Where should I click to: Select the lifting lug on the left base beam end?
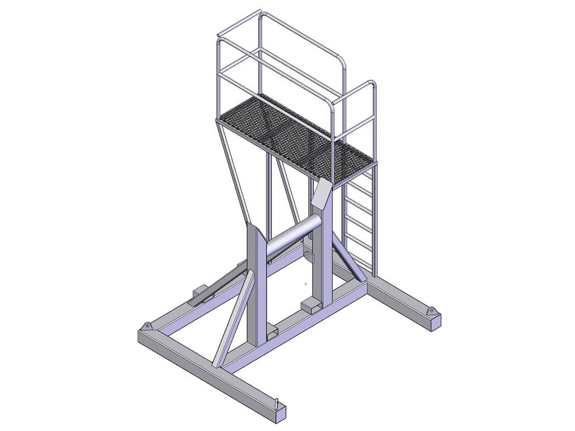[x=147, y=326]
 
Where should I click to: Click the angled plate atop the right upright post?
[x=321, y=193]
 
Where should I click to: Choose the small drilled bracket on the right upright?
[x=308, y=256]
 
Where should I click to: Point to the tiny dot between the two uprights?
[x=305, y=283]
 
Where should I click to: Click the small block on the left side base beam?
[x=200, y=291]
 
